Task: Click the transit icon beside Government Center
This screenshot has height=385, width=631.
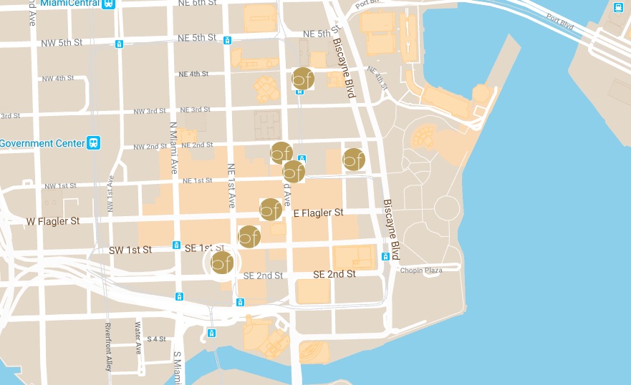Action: click(93, 143)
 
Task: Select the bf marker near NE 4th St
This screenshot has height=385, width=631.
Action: click(303, 79)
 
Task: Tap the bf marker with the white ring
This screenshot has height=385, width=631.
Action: click(222, 263)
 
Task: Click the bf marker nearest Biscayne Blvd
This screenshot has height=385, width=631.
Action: click(353, 160)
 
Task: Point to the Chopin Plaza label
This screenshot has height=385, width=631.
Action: click(421, 270)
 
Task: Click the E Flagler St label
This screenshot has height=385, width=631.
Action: click(319, 213)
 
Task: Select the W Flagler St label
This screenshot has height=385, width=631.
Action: click(53, 221)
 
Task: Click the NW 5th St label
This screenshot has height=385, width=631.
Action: click(62, 43)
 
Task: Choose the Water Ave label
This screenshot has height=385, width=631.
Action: click(138, 338)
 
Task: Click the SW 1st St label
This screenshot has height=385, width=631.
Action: click(130, 250)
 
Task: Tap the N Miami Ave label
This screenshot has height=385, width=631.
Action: click(173, 148)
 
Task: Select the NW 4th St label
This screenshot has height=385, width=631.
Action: click(58, 78)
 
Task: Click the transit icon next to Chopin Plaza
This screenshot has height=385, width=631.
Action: click(386, 256)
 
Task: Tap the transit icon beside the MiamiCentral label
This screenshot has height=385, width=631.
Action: click(109, 4)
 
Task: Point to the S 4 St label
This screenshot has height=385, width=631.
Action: click(155, 338)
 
